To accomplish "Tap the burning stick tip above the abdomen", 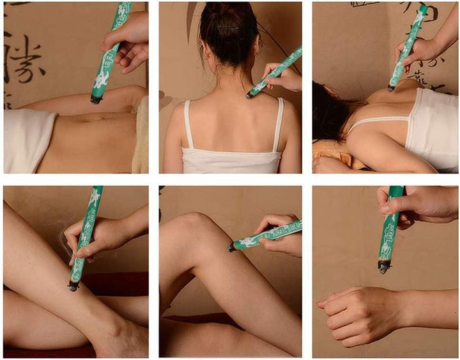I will tap(96, 99).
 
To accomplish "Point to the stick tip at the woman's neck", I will tap(250, 94).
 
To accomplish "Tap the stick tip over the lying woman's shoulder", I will tap(390, 88).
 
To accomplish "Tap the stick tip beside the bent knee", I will tap(232, 247).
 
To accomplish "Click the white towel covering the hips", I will tap(28, 140).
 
